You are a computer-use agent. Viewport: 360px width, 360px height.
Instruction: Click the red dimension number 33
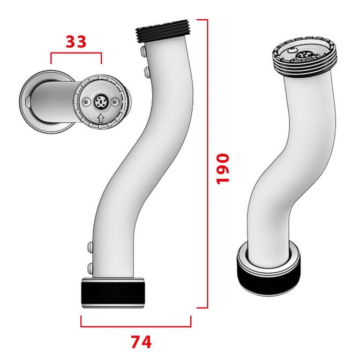point(76,41)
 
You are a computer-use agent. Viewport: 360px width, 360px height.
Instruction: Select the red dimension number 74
point(140,341)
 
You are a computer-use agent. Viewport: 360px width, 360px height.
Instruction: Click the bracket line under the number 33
point(76,54)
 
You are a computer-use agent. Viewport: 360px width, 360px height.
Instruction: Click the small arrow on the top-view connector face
point(101,117)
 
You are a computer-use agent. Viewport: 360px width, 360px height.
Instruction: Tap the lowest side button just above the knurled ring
point(89,266)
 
